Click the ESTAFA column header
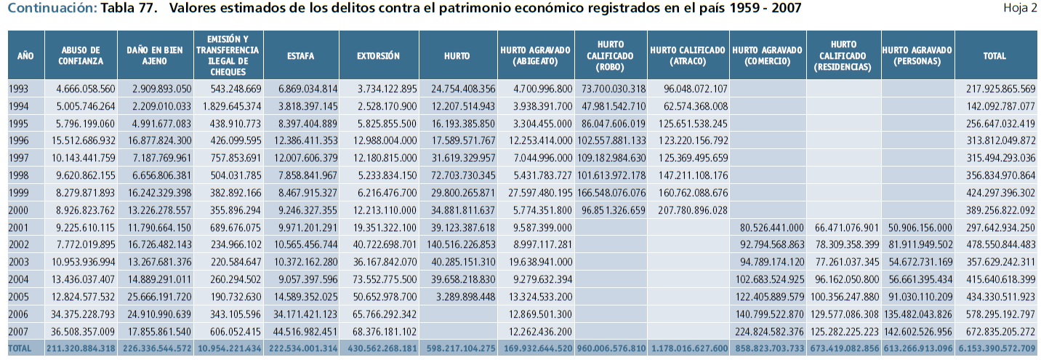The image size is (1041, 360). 301,55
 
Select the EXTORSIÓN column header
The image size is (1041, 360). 378,55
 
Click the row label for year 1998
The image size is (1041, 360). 20,175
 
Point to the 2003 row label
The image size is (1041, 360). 20,261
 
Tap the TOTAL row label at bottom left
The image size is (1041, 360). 20,348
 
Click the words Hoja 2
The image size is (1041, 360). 1020,8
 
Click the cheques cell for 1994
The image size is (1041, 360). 228,106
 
